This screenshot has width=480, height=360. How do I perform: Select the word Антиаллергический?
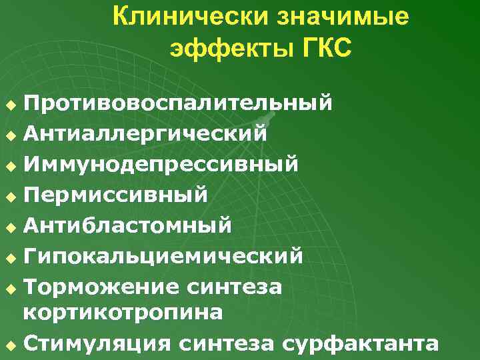point(145,133)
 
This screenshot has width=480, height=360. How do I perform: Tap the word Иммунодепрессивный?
point(161,163)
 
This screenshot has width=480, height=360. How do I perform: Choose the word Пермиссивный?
point(115,195)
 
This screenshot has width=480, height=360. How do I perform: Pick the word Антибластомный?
point(127,225)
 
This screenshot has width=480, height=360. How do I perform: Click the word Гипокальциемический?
point(163,255)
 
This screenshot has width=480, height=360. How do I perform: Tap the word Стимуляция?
point(101,343)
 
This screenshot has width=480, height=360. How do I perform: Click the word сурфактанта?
point(360,343)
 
